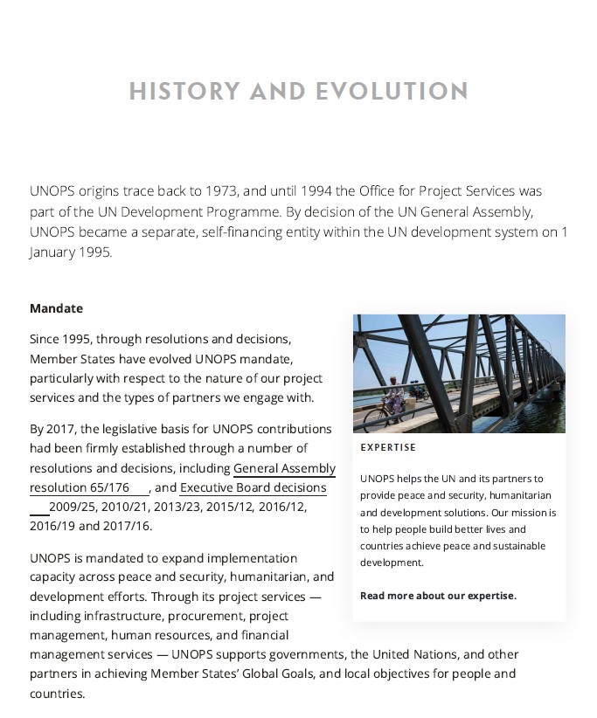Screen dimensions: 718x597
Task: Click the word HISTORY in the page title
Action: (x=184, y=91)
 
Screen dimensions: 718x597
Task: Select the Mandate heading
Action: (x=56, y=308)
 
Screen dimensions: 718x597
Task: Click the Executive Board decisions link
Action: (x=253, y=487)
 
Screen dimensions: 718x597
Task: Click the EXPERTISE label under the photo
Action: (x=388, y=447)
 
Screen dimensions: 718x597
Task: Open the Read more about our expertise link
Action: (x=438, y=596)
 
